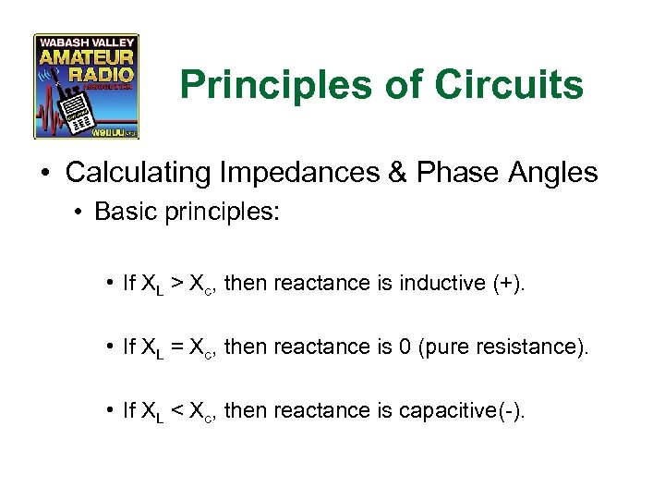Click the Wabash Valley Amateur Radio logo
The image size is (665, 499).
click(86, 86)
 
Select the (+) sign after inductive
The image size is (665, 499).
click(503, 283)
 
